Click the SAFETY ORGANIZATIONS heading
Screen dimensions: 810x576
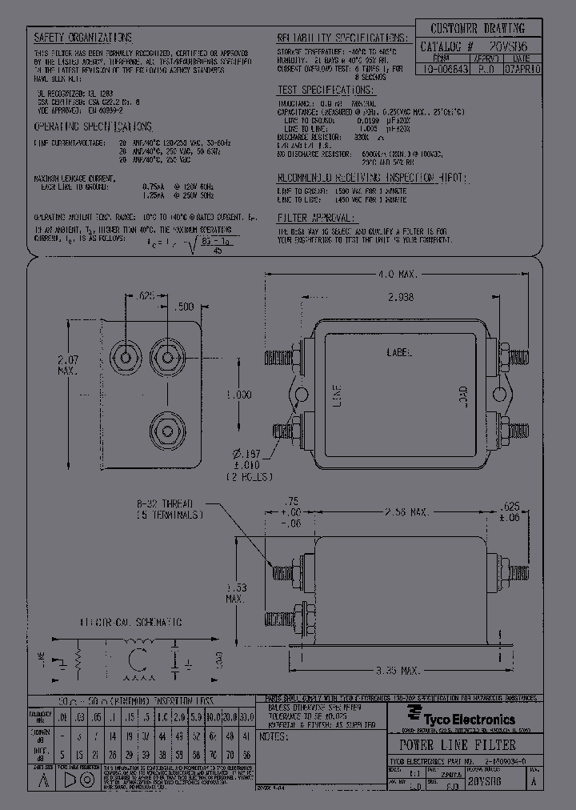pyautogui.click(x=82, y=38)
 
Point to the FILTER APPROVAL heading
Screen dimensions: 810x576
pyautogui.click(x=316, y=218)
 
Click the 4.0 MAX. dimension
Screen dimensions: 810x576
pyautogui.click(x=398, y=275)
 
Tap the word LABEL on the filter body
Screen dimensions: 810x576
pyautogui.click(x=401, y=351)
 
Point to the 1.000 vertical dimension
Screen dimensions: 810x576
pyautogui.click(x=238, y=395)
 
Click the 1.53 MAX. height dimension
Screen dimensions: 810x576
pyautogui.click(x=234, y=592)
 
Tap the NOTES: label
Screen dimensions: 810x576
pyautogui.click(x=275, y=736)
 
